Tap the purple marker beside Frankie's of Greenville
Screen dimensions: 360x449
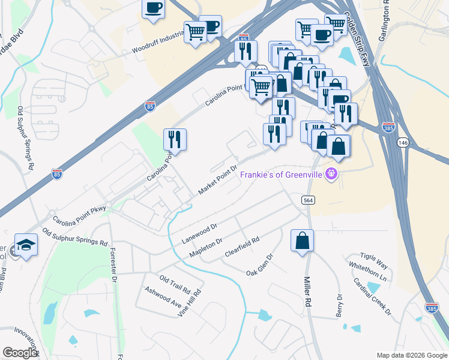[330, 175]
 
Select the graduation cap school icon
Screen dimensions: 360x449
[26, 245]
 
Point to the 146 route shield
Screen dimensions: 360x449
[402, 142]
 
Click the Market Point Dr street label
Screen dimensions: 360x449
[218, 179]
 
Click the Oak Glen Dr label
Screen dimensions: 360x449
[260, 264]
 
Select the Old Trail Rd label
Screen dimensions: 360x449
[175, 280]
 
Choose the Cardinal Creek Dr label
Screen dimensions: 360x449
[372, 297]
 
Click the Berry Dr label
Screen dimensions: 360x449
[339, 305]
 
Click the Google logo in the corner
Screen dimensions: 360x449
[20, 352]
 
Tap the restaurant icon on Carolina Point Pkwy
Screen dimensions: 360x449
[175, 139]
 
